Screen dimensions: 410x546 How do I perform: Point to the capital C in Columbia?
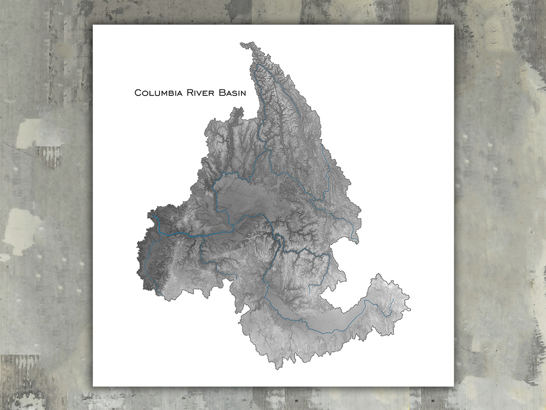(138, 93)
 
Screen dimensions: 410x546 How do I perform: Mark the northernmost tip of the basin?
(241, 43)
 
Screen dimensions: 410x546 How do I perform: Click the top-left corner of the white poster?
(93, 25)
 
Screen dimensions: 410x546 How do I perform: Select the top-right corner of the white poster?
(454, 25)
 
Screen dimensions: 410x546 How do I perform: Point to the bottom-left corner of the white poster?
(93, 386)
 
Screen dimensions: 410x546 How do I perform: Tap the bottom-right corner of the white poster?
(454, 386)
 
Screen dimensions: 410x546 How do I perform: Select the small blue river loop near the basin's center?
(277, 238)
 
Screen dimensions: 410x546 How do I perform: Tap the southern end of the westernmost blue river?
(161, 294)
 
